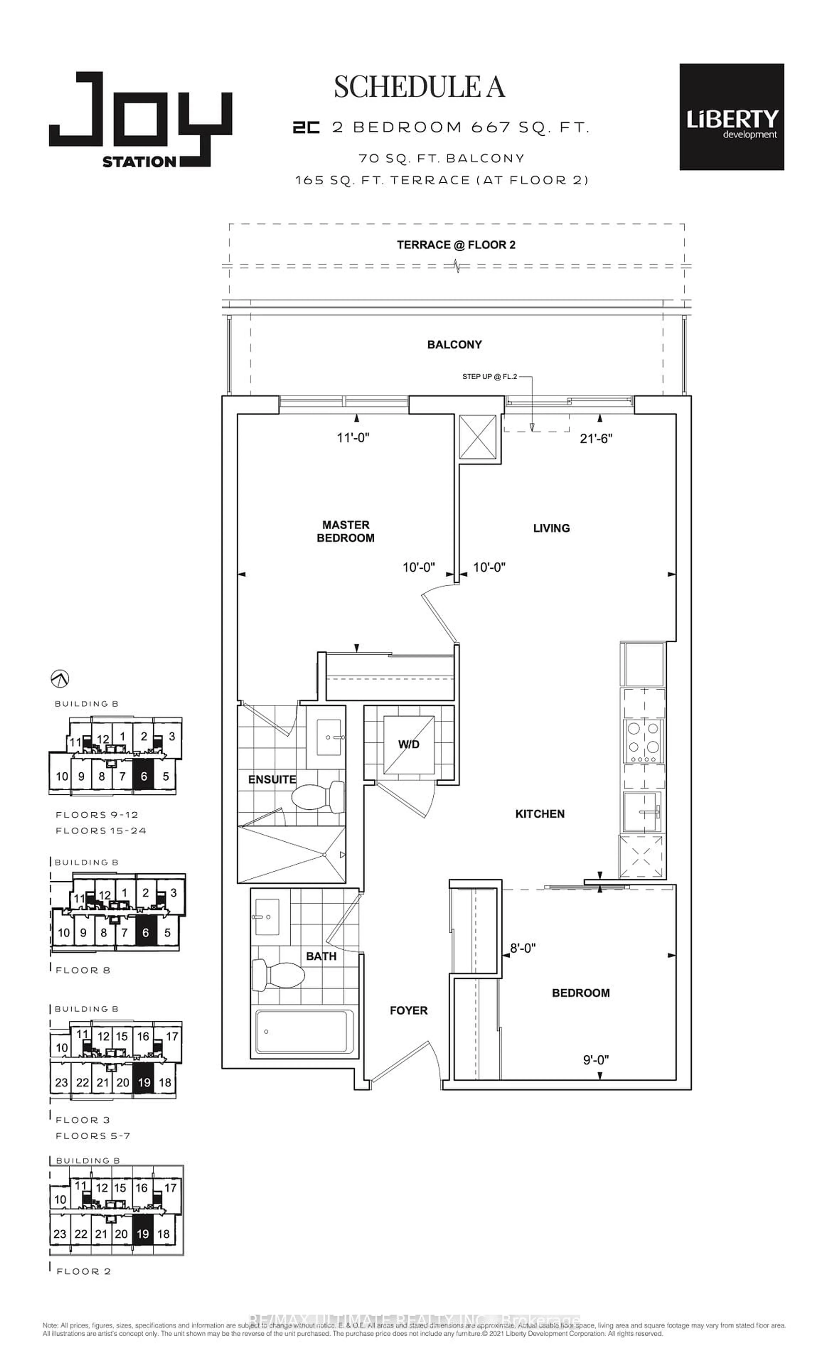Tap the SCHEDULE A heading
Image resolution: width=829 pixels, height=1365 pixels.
click(419, 87)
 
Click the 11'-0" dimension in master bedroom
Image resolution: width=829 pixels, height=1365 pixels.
click(353, 438)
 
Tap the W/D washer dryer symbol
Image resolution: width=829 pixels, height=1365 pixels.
click(408, 744)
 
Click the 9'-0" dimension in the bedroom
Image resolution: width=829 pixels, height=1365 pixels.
click(596, 1060)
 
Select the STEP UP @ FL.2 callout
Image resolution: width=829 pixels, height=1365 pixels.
click(489, 377)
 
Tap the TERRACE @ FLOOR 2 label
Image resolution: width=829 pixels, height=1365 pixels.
click(456, 245)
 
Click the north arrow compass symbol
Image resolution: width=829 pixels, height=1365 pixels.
click(59, 678)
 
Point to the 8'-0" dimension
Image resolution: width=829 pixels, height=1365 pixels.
click(523, 948)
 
